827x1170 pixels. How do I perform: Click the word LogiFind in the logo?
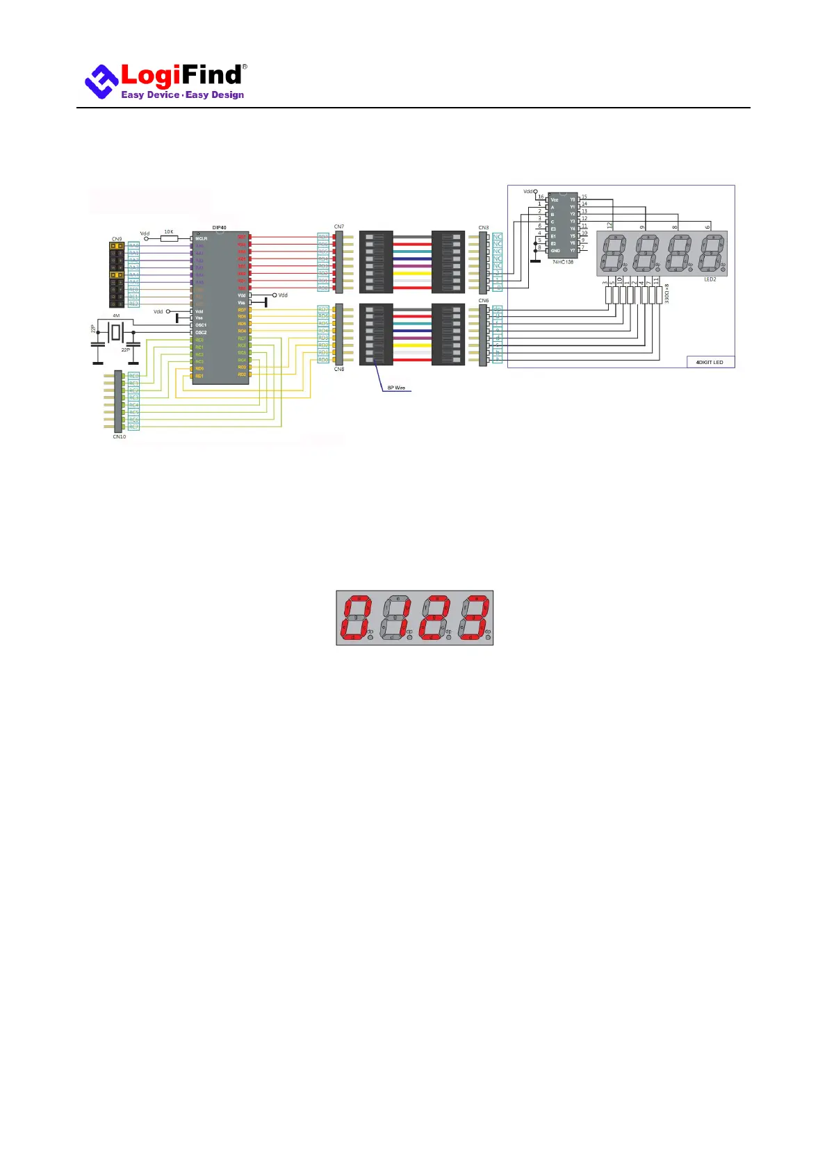pyautogui.click(x=182, y=75)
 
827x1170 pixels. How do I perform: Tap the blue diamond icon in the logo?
pyautogui.click(x=101, y=82)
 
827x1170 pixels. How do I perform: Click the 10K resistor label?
pyautogui.click(x=169, y=232)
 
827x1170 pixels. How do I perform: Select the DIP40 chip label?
pyautogui.click(x=219, y=228)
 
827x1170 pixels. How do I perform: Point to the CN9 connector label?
pyautogui.click(x=117, y=239)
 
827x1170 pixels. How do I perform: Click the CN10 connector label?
pyautogui.click(x=120, y=436)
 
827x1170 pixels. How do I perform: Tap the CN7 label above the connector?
pyautogui.click(x=338, y=227)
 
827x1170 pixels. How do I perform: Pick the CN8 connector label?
pyautogui.click(x=339, y=369)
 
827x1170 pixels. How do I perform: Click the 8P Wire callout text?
pyautogui.click(x=396, y=388)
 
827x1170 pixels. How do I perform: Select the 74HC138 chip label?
pyautogui.click(x=563, y=262)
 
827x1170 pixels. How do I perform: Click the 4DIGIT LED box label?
pyautogui.click(x=710, y=362)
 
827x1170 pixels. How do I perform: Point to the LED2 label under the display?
pyautogui.click(x=710, y=279)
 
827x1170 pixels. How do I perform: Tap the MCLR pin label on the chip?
pyautogui.click(x=202, y=238)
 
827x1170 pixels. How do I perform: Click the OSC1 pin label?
pyautogui.click(x=201, y=325)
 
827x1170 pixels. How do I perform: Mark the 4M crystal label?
pyautogui.click(x=116, y=315)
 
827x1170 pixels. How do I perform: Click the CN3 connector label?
pyautogui.click(x=483, y=228)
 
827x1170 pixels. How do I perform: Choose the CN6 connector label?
pyautogui.click(x=483, y=301)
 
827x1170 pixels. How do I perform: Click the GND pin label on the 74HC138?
pyautogui.click(x=555, y=251)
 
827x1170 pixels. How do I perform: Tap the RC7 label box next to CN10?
pyautogui.click(x=133, y=427)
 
